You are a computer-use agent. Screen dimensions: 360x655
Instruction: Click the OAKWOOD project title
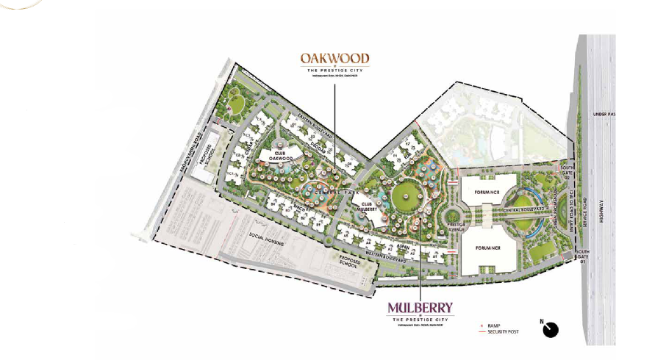(x=334, y=58)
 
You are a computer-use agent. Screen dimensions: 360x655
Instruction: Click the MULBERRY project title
(x=420, y=307)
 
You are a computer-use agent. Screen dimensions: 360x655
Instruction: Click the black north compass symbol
(x=550, y=330)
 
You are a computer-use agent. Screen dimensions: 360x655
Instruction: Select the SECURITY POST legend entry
(x=500, y=332)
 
